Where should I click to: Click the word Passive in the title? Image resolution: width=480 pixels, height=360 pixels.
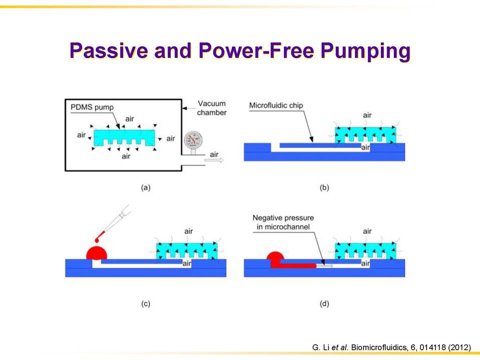click(x=109, y=50)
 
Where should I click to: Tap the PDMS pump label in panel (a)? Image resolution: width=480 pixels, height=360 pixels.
click(x=92, y=107)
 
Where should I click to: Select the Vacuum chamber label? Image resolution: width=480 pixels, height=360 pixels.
click(x=211, y=108)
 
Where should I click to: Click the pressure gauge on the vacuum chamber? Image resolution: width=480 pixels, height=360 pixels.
click(x=193, y=140)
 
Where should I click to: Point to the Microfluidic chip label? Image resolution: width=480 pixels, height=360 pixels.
click(x=276, y=105)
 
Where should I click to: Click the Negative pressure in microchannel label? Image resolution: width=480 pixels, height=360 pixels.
click(x=283, y=222)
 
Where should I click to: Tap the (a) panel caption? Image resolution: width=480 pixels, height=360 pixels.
click(x=145, y=187)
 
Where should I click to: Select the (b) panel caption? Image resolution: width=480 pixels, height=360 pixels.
click(x=324, y=187)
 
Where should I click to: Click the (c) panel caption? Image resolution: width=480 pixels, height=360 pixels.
click(x=145, y=303)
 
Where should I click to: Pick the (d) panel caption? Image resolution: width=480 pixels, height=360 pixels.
click(x=324, y=303)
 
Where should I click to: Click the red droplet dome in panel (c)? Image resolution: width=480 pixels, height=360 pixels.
click(x=96, y=253)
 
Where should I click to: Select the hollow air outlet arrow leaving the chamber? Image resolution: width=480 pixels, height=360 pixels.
click(x=214, y=160)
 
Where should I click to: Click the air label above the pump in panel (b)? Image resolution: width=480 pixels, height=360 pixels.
click(x=367, y=115)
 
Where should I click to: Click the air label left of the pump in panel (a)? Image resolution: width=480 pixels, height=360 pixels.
click(x=81, y=135)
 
